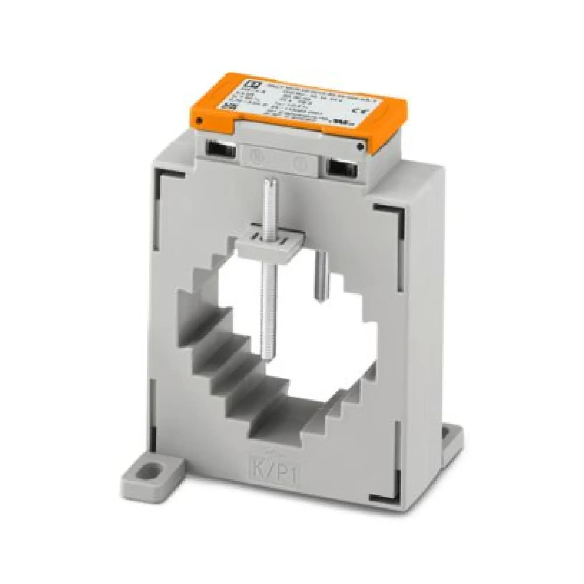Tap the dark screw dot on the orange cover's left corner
(x=199, y=121)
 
